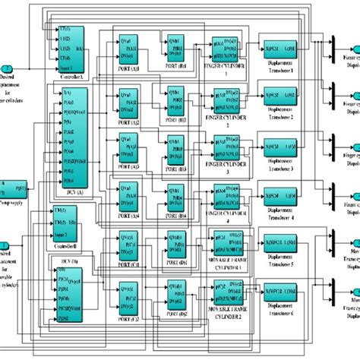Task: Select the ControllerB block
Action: [64, 220]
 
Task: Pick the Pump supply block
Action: [16, 185]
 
